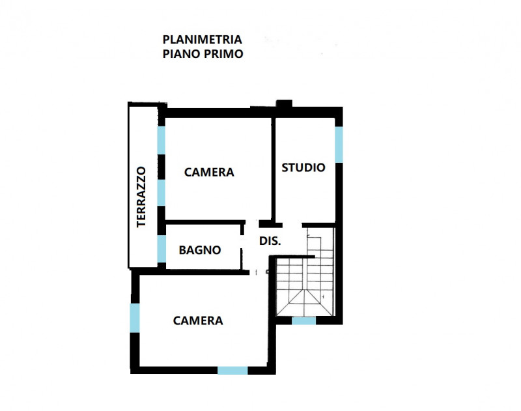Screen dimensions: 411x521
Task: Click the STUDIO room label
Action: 303,167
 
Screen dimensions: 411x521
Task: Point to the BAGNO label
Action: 200,249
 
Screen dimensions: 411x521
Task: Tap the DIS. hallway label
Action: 270,240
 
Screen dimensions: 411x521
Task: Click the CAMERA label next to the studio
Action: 209,172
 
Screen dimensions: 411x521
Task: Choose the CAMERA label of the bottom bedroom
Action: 198,320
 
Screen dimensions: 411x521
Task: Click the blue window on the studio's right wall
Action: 339,145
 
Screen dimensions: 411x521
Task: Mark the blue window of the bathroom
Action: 161,249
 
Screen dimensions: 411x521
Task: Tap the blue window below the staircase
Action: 303,320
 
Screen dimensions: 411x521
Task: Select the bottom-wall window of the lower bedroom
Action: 232,371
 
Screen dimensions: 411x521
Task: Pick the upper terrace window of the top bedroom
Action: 161,140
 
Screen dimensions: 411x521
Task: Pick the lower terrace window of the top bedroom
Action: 161,192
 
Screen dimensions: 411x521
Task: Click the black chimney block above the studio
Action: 284,104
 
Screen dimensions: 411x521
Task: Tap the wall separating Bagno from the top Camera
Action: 203,223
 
